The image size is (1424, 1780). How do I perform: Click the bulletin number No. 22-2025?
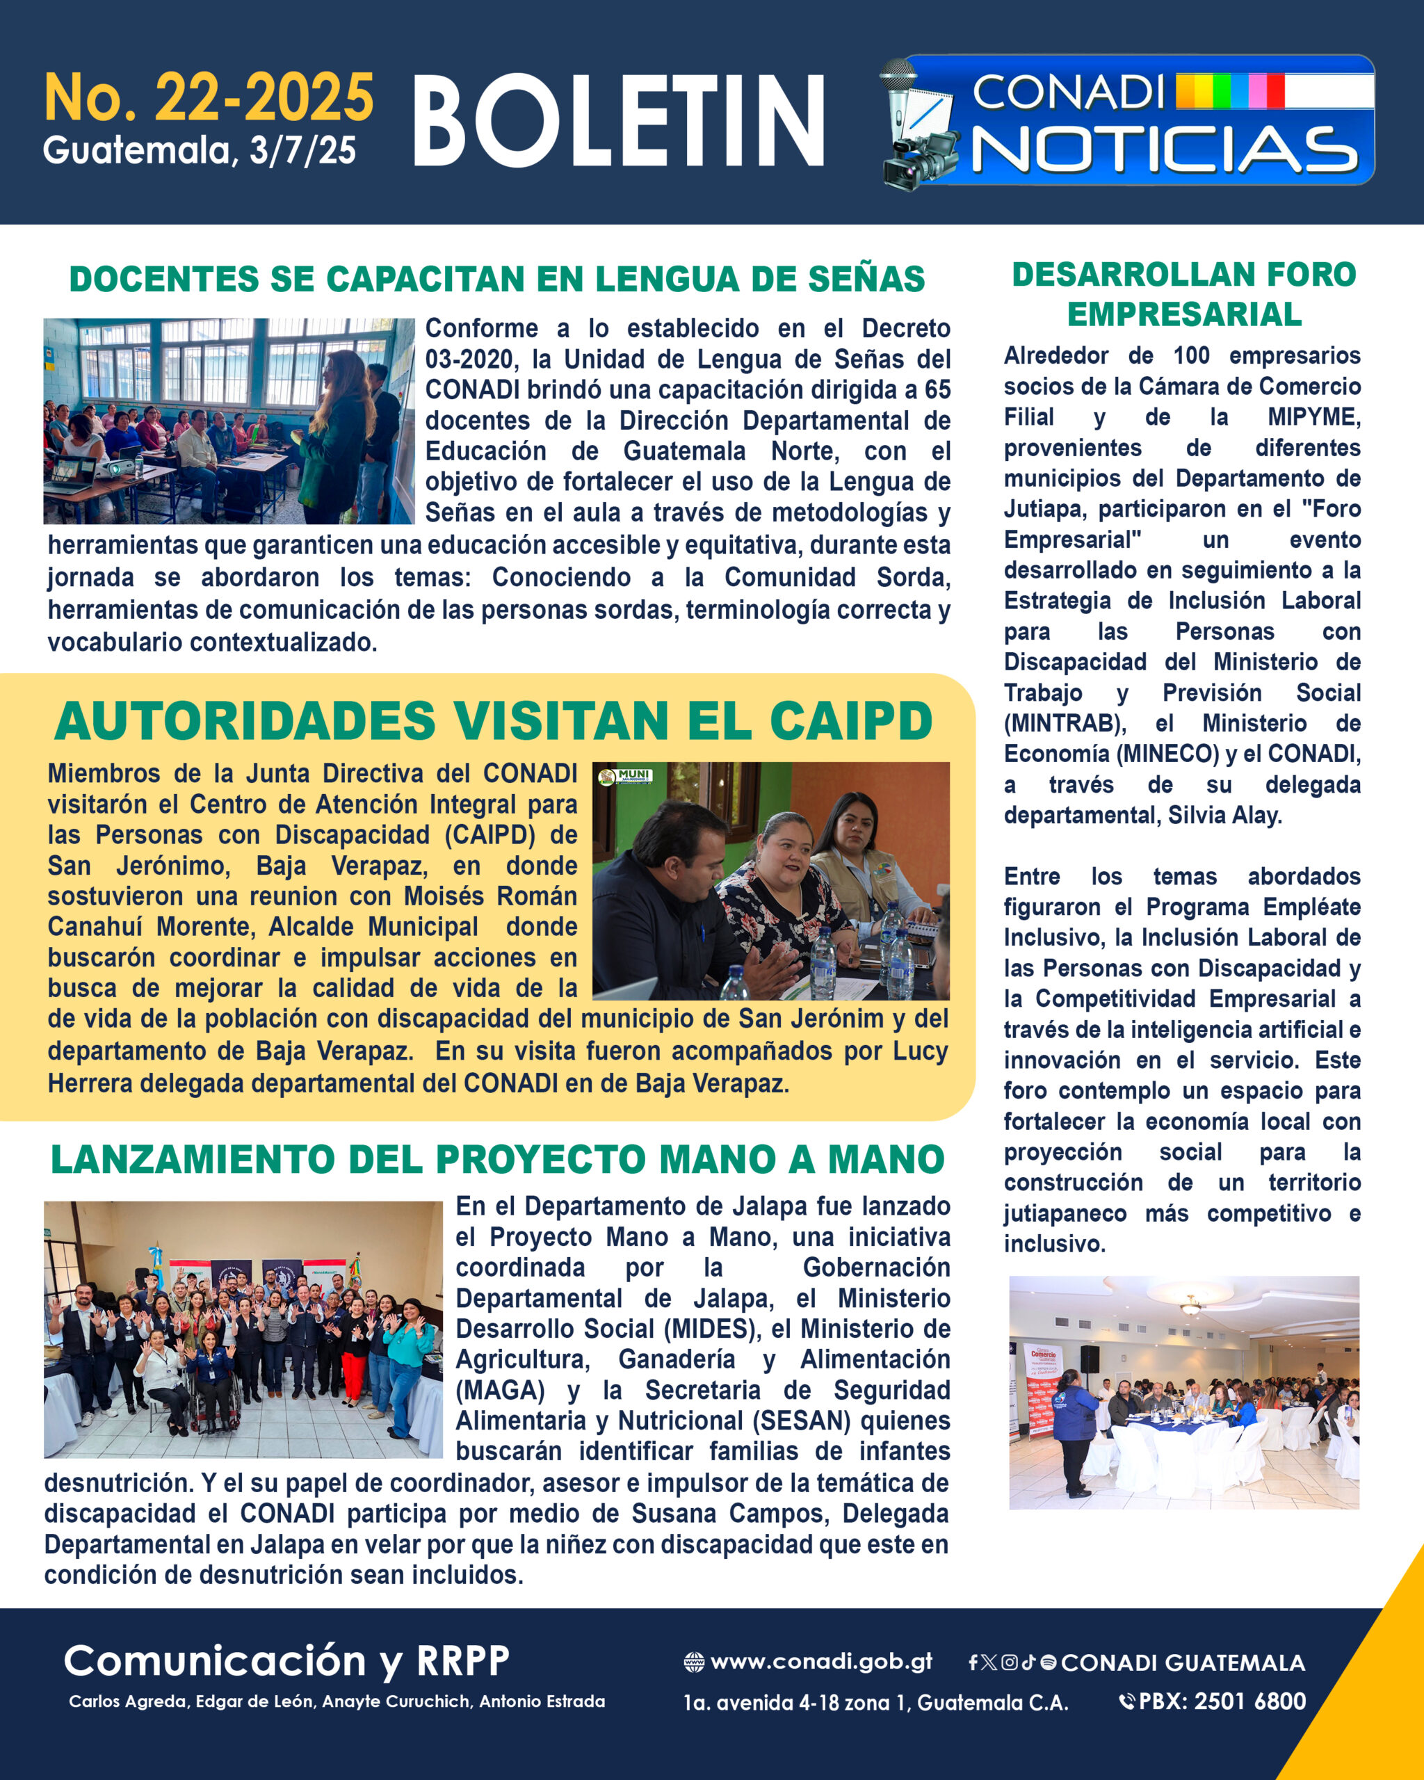(x=209, y=98)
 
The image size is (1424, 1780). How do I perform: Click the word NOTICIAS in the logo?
(x=1165, y=150)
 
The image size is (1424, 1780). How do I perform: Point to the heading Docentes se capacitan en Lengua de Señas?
(x=497, y=279)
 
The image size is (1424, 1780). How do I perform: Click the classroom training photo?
(x=229, y=421)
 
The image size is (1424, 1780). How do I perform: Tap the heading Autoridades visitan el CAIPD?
(x=494, y=721)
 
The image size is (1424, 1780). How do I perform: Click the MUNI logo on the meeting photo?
(x=626, y=776)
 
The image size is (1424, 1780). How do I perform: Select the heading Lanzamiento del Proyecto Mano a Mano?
(x=497, y=1159)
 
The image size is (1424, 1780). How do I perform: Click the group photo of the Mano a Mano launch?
(x=243, y=1329)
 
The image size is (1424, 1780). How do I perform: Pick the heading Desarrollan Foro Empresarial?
(x=1184, y=294)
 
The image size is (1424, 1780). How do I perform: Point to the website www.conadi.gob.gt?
(x=820, y=1661)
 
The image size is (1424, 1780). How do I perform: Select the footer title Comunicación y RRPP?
(x=286, y=1660)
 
